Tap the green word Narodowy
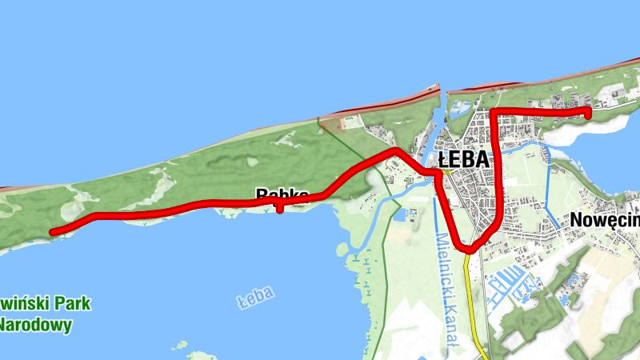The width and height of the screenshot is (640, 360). coord(36,325)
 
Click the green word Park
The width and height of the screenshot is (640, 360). coord(72,304)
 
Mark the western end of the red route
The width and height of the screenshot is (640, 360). coord(53,232)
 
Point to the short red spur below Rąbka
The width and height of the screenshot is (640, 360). coord(278,210)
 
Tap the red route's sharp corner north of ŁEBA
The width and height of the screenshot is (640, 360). coord(496,112)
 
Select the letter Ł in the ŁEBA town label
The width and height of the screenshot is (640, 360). coord(423,158)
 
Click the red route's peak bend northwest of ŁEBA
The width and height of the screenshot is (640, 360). coord(394,150)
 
